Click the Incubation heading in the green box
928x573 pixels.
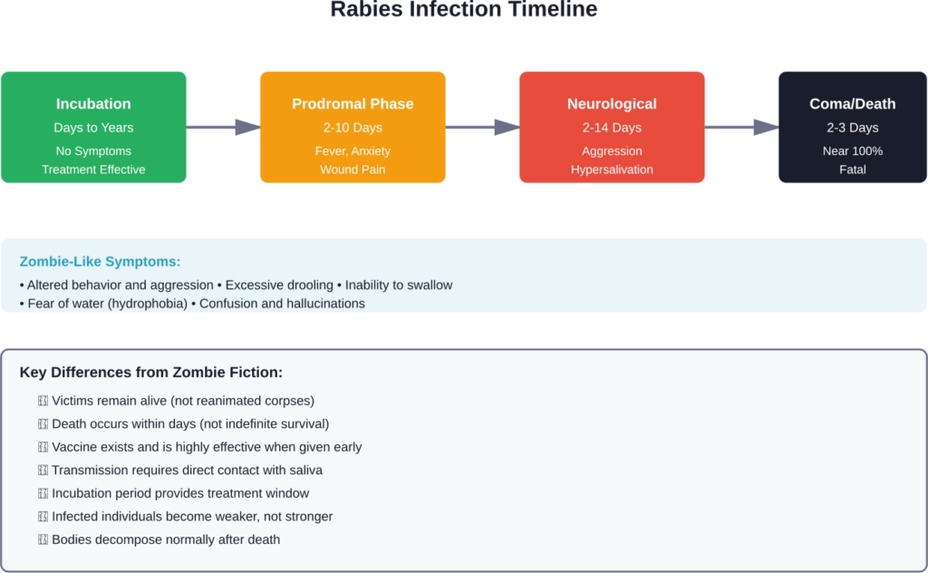tap(93, 104)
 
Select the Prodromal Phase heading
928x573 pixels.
tap(353, 104)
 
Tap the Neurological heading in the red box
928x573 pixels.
tap(612, 104)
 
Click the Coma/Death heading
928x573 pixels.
tap(852, 104)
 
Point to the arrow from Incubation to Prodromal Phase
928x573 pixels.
tap(223, 128)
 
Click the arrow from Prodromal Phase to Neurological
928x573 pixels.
tap(482, 128)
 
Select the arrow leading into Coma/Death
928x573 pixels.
tap(741, 128)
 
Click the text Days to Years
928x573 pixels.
tap(93, 128)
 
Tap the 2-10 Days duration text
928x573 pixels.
tap(353, 128)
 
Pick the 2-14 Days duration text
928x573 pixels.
tap(612, 128)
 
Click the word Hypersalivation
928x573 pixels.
tap(612, 170)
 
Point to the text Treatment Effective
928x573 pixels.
tap(93, 170)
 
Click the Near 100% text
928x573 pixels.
tap(852, 151)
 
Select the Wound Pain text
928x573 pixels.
tap(353, 170)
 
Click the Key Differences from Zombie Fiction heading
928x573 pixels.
tap(151, 373)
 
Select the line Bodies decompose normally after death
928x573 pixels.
tap(166, 539)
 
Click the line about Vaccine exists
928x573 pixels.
tap(207, 447)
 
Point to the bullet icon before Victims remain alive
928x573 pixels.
tap(43, 401)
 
